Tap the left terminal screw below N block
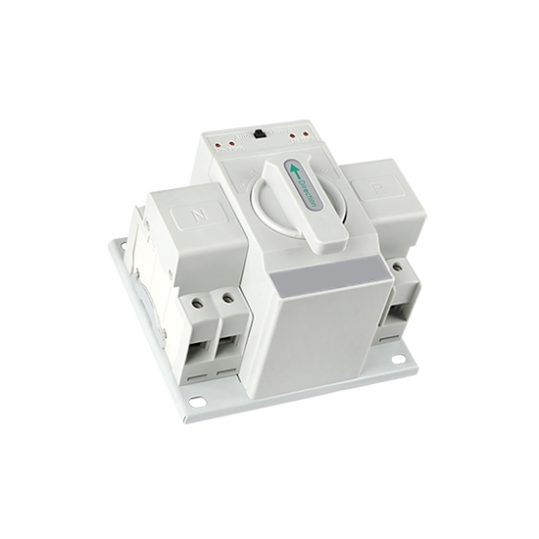(202, 294)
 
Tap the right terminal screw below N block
(227, 294)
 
